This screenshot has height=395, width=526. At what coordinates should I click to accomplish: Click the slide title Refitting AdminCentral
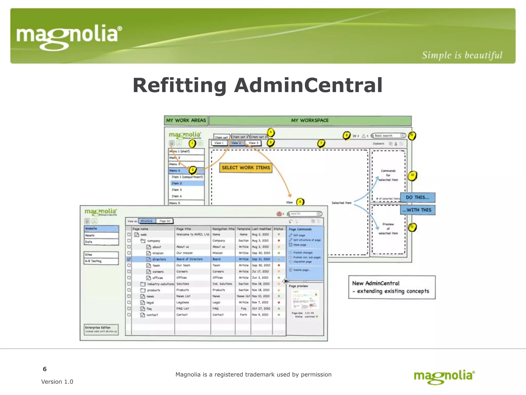(x=257, y=85)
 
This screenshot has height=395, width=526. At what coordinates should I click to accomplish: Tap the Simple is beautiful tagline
(x=462, y=55)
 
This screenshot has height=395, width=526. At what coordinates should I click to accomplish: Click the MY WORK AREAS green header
(x=186, y=120)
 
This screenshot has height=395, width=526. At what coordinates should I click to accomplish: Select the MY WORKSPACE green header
(x=310, y=120)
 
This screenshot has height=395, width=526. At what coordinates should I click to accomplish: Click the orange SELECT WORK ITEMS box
(x=246, y=168)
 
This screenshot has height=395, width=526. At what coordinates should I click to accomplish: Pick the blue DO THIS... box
(x=417, y=197)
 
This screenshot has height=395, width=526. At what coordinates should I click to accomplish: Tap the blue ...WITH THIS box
(x=417, y=210)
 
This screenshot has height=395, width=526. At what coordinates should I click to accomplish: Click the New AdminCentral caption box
(x=392, y=287)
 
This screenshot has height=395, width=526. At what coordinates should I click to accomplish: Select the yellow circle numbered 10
(x=412, y=175)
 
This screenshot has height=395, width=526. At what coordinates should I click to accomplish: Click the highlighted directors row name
(x=159, y=259)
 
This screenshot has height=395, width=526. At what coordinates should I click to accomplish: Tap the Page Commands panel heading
(x=300, y=229)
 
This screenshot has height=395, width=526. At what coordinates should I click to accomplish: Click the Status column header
(x=278, y=229)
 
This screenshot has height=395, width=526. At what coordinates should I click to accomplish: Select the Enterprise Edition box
(x=101, y=329)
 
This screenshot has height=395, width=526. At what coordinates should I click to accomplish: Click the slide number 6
(x=45, y=369)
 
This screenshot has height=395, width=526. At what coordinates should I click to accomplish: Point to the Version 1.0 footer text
(x=57, y=382)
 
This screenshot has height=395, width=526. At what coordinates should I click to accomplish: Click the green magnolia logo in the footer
(x=444, y=377)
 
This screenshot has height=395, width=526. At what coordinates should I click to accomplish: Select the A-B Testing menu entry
(x=101, y=261)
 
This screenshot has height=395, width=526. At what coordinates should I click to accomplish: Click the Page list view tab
(x=165, y=221)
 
